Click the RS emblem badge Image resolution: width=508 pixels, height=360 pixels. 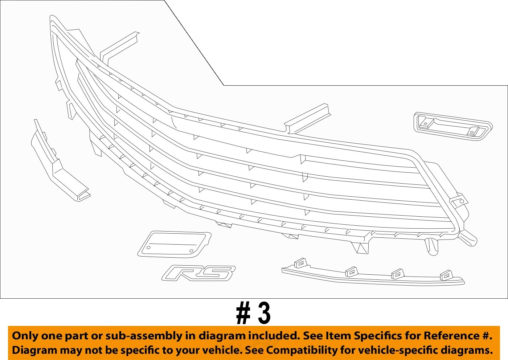(198, 273)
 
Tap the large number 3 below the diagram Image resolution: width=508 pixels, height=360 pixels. (264, 314)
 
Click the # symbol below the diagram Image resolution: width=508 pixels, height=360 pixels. (243, 314)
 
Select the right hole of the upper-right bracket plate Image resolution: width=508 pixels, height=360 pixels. (472, 132)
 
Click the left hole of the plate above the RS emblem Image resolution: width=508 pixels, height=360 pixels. (148, 248)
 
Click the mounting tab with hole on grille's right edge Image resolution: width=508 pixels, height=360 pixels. (459, 201)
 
